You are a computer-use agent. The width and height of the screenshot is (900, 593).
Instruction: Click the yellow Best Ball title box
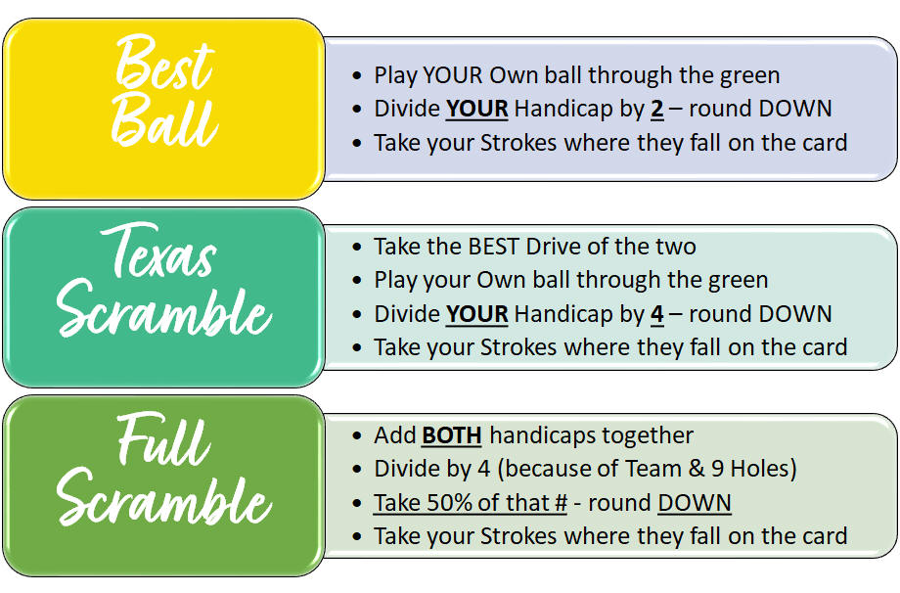coord(164,109)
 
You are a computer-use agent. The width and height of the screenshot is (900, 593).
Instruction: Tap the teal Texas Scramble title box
coord(164,296)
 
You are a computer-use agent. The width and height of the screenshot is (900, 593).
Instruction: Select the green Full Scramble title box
coord(164,485)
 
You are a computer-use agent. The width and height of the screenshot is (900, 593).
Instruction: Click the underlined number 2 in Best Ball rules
coord(657,109)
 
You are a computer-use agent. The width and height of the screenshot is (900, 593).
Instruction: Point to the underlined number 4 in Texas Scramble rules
coord(657,314)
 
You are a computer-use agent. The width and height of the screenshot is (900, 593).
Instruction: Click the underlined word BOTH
coord(452,435)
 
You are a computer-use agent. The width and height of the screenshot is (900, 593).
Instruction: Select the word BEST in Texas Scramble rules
coord(494,247)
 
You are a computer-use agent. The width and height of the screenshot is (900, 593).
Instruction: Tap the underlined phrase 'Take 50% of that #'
coord(471,503)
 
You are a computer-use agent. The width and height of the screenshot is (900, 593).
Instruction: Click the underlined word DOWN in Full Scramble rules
coord(695,503)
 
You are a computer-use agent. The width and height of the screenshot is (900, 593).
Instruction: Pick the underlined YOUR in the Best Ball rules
coord(477,109)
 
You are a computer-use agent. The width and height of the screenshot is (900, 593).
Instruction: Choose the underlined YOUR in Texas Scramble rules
coord(477,314)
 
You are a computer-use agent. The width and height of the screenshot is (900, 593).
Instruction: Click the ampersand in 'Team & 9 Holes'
coord(697,469)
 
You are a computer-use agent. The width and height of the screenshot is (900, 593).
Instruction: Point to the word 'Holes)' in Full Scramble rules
coord(763,469)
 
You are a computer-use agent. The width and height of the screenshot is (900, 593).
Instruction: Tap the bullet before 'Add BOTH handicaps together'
coord(357,436)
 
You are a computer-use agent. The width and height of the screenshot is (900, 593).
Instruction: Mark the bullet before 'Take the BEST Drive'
coord(357,248)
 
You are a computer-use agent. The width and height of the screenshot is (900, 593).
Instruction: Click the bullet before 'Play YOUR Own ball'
coord(357,75)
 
